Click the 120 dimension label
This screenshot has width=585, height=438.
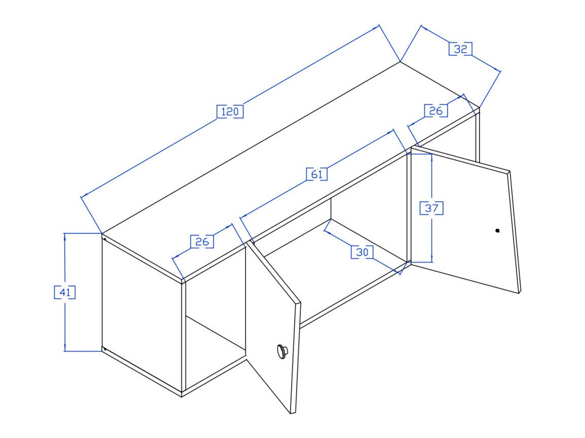pyautogui.click(x=230, y=111)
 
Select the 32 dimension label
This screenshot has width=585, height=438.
pyautogui.click(x=461, y=49)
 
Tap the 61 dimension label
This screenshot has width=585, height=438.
pyautogui.click(x=317, y=174)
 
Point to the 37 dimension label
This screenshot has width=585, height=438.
pyautogui.click(x=431, y=208)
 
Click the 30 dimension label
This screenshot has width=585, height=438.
pyautogui.click(x=362, y=252)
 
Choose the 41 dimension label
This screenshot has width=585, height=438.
pyautogui.click(x=65, y=292)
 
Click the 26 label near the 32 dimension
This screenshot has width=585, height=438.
pyautogui.click(x=436, y=110)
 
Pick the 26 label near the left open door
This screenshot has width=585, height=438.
pyautogui.click(x=202, y=242)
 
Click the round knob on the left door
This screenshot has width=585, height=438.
pyautogui.click(x=281, y=350)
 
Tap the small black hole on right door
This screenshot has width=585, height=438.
pyautogui.click(x=497, y=230)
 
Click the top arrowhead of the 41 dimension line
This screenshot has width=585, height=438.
pyautogui.click(x=65, y=236)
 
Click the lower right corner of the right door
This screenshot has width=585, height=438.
pyautogui.click(x=520, y=293)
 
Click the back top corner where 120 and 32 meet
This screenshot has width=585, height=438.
pyautogui.click(x=400, y=62)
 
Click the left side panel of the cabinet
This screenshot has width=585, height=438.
pyautogui.click(x=142, y=314)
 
